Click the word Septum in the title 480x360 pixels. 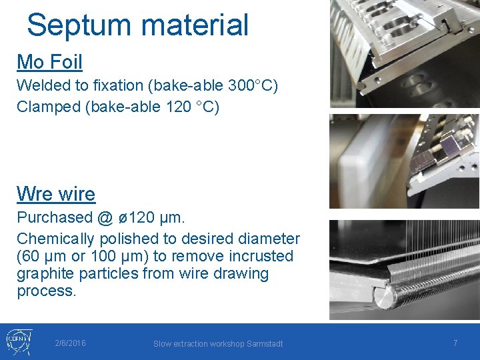tap(74, 25)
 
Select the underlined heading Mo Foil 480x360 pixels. tap(49, 63)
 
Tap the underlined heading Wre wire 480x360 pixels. tap(56, 194)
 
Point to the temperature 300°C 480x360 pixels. tap(252, 85)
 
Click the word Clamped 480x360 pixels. tap(49, 107)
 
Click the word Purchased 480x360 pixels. tap(53, 217)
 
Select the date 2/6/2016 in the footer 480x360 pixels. tap(70, 343)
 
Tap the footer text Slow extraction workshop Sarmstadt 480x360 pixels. tap(218, 344)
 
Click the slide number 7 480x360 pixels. tap(455, 343)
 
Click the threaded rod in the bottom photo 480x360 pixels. tap(427, 293)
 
